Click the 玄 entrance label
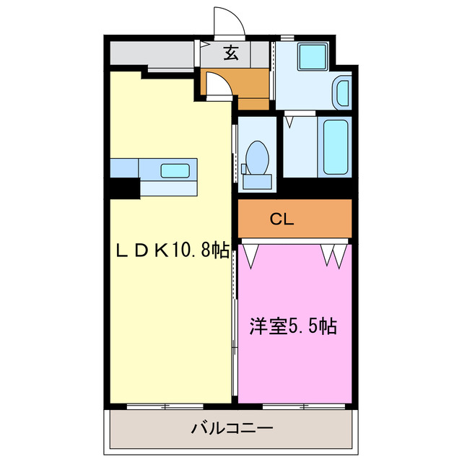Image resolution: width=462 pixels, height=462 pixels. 230,53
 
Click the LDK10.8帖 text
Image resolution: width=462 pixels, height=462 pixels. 173,250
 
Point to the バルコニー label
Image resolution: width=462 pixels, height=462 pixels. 232,428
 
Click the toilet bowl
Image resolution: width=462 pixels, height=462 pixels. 257,155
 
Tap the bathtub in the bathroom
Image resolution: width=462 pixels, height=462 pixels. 336,147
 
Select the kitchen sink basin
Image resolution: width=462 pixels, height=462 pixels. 175,171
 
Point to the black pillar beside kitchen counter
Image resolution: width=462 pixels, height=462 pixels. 124,188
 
